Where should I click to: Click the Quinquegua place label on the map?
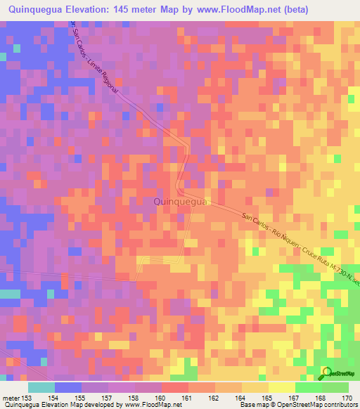click(179, 202)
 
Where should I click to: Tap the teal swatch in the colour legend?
click(41, 387)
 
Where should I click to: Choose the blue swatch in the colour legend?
click(68, 387)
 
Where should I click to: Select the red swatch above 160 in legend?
click(174, 387)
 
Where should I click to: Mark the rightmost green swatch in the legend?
click(335, 387)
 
